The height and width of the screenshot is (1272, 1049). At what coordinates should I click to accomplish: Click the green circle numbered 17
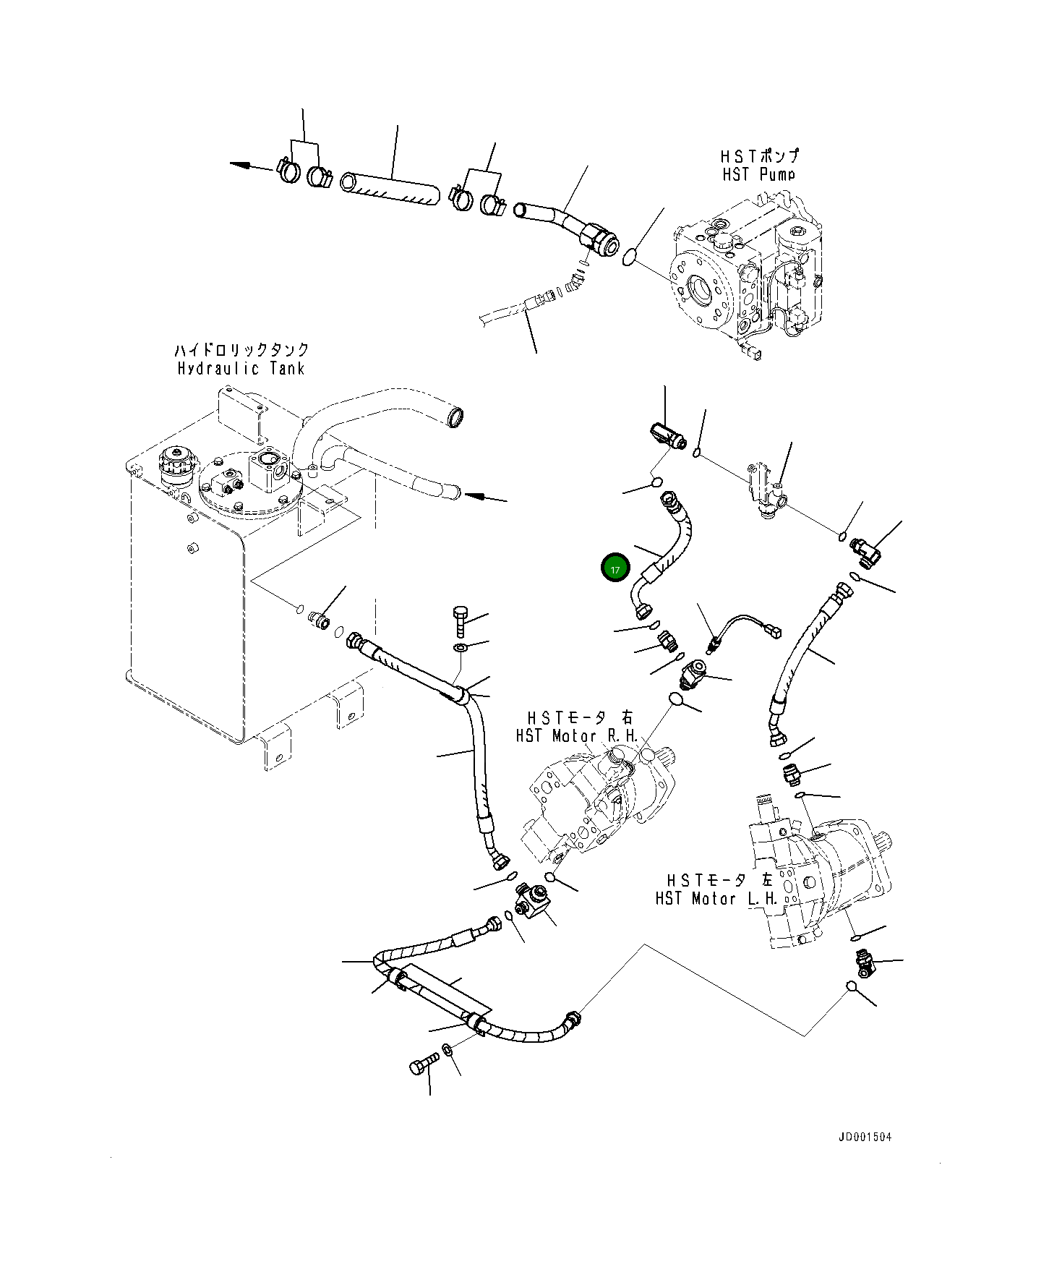tap(615, 569)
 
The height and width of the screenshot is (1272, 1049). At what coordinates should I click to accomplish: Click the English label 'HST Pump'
tap(758, 174)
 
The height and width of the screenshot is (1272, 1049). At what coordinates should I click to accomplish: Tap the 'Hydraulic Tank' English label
tap(241, 368)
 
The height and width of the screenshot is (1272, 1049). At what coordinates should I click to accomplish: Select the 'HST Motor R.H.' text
tap(577, 736)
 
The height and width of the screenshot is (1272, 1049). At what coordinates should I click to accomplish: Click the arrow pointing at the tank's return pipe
tap(480, 497)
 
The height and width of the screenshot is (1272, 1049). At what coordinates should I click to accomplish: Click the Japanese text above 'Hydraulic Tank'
tap(241, 350)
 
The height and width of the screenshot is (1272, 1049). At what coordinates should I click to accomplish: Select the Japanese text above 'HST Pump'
tap(759, 156)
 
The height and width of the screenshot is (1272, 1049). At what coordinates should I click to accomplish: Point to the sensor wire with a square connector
tap(745, 626)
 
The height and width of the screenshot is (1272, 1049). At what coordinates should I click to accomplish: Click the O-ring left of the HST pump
tap(629, 256)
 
